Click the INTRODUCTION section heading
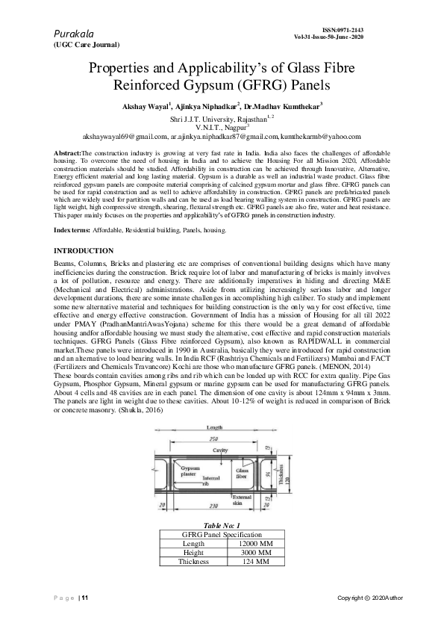(x=84, y=250)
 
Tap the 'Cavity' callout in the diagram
(x=219, y=451)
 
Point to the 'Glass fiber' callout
(x=243, y=472)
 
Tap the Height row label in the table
(x=193, y=553)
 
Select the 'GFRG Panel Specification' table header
(x=222, y=535)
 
